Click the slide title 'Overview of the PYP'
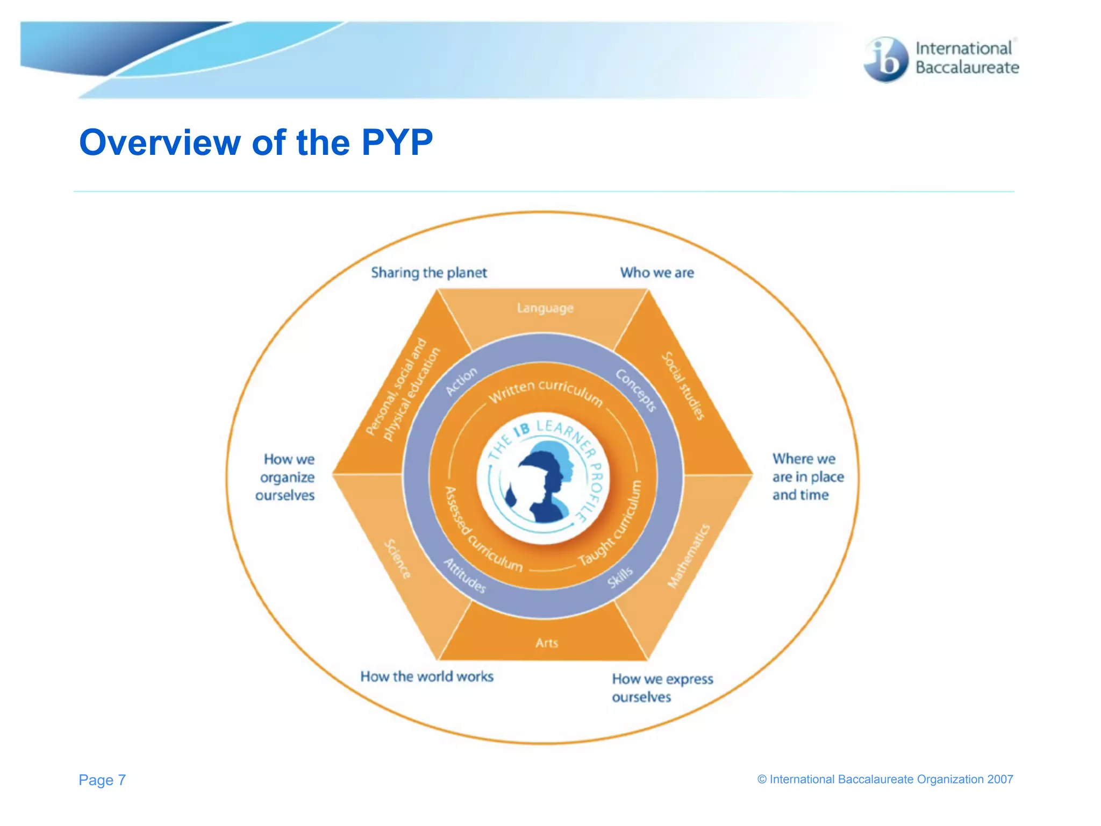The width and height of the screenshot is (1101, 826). point(256,143)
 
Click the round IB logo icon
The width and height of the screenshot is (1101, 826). point(885,60)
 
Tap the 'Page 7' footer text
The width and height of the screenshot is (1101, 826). point(102,780)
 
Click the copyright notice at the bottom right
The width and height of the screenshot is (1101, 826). point(885,779)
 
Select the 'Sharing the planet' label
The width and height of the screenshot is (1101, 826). point(428,273)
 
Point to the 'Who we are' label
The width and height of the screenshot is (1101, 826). point(657,273)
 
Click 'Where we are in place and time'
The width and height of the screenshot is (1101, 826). point(807,476)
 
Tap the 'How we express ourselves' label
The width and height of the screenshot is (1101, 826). point(662,687)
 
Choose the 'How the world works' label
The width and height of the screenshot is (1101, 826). point(427,677)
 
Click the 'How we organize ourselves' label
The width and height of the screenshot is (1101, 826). point(286,477)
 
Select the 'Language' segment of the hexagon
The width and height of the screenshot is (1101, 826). point(545,308)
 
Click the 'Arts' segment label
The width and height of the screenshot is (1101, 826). point(547,643)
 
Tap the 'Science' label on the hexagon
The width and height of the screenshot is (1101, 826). point(398,559)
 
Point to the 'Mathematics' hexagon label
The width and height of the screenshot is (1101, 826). point(689,556)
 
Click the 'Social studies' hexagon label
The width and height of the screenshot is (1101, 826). point(683,386)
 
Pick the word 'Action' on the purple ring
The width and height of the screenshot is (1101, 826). point(461,381)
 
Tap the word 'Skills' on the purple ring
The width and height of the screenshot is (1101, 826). point(620,578)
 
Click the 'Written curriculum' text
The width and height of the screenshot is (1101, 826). point(545,392)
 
